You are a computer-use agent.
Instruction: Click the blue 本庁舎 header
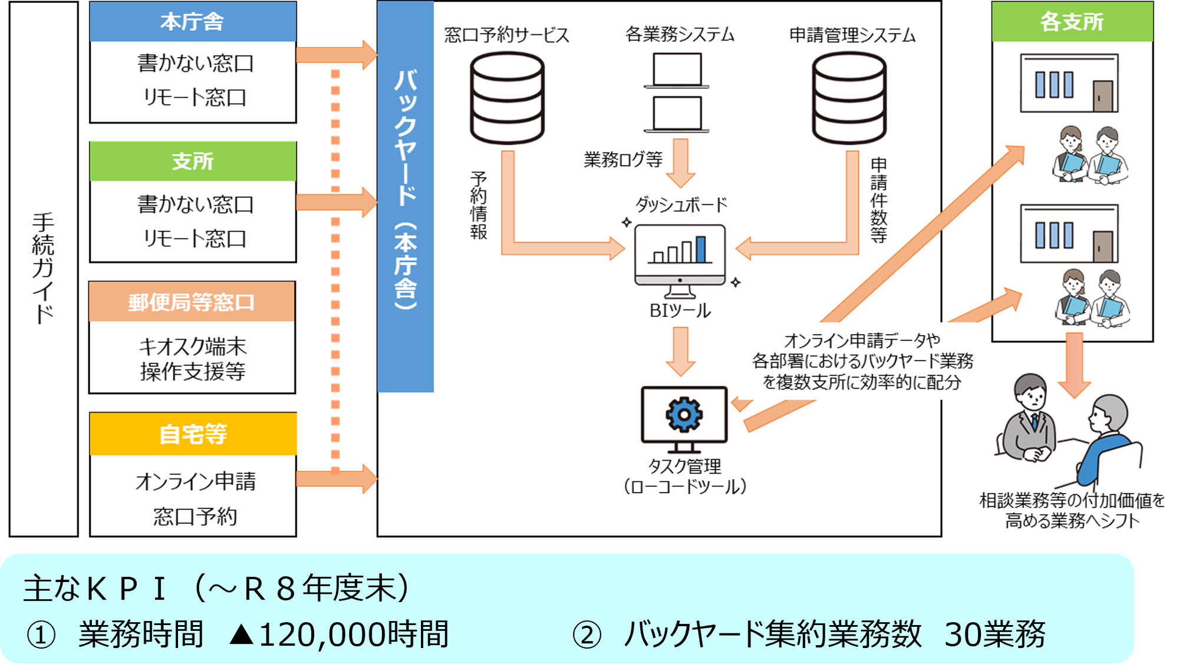tap(193, 22)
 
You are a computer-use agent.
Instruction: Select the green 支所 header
tap(193, 161)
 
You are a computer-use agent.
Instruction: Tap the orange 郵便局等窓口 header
tap(192, 302)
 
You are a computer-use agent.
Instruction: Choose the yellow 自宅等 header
tap(193, 434)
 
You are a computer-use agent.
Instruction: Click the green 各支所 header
tap(1072, 22)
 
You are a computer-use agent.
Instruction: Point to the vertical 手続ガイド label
tap(43, 268)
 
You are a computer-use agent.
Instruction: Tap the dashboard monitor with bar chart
tap(680, 256)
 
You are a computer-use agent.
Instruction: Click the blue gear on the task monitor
tap(684, 415)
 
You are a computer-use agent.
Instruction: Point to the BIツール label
tap(680, 310)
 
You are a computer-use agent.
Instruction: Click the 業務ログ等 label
tap(623, 159)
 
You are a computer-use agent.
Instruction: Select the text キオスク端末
tap(193, 346)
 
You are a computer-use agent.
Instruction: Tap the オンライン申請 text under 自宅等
tap(196, 481)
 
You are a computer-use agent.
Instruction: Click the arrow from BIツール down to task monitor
tap(680, 351)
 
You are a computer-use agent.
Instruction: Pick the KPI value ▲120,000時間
tap(339, 634)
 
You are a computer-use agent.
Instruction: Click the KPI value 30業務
tap(994, 634)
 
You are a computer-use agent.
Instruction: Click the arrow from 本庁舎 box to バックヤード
tap(336, 55)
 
